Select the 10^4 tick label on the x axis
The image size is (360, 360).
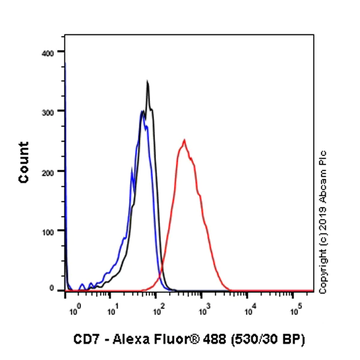(x=250, y=311)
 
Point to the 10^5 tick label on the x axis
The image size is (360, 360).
(x=296, y=311)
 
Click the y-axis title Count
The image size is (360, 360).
(x=23, y=162)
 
